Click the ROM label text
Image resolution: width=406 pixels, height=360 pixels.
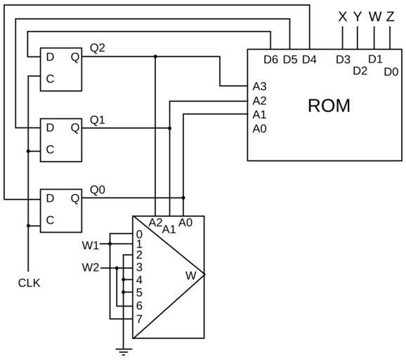click(x=329, y=105)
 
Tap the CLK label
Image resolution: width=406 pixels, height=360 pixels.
click(x=30, y=283)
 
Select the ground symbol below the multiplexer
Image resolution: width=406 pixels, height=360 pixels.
click(x=124, y=352)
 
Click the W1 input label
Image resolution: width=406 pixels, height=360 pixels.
click(x=91, y=245)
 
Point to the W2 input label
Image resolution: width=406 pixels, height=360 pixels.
click(x=91, y=267)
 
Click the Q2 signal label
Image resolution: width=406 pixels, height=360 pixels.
click(x=98, y=48)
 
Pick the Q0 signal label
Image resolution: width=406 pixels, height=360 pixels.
click(x=98, y=190)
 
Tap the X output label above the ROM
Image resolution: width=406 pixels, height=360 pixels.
click(x=342, y=17)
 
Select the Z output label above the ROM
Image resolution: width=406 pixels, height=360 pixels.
click(x=390, y=17)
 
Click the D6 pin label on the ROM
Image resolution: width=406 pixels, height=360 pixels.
click(x=271, y=60)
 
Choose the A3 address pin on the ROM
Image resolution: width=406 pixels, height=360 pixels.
click(x=259, y=86)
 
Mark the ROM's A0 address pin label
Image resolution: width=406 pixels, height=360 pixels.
click(x=259, y=129)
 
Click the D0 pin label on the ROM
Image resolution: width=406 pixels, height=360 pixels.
click(x=391, y=72)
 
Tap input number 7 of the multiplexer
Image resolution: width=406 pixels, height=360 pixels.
click(x=139, y=319)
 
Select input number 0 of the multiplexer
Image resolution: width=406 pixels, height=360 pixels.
click(x=139, y=235)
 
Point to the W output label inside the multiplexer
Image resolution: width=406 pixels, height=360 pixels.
click(x=191, y=276)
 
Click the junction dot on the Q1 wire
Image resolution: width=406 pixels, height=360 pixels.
click(x=169, y=128)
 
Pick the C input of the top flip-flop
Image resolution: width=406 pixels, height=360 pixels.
click(x=50, y=79)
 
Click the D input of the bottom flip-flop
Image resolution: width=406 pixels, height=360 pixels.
click(x=50, y=198)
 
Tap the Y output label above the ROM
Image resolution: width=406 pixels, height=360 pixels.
click(x=358, y=17)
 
